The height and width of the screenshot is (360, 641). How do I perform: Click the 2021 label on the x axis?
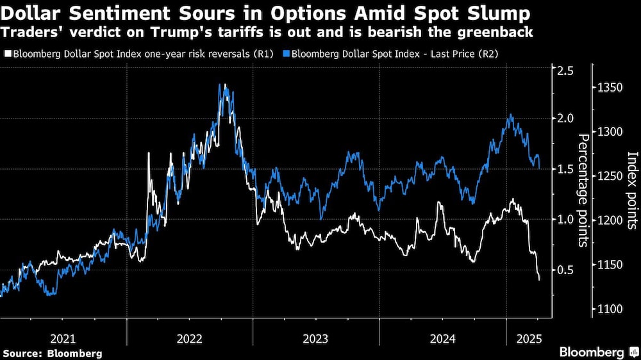tap(63, 338)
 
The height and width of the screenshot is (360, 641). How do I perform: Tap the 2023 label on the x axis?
tap(315, 338)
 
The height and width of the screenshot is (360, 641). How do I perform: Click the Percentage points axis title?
tap(584, 190)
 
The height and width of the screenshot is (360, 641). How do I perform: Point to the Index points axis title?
tap(631, 190)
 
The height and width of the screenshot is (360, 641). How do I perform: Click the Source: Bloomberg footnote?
tap(53, 353)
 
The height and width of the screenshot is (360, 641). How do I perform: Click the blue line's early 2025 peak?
tap(510, 115)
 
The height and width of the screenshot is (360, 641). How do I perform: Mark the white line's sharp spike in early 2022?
tap(149, 153)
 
